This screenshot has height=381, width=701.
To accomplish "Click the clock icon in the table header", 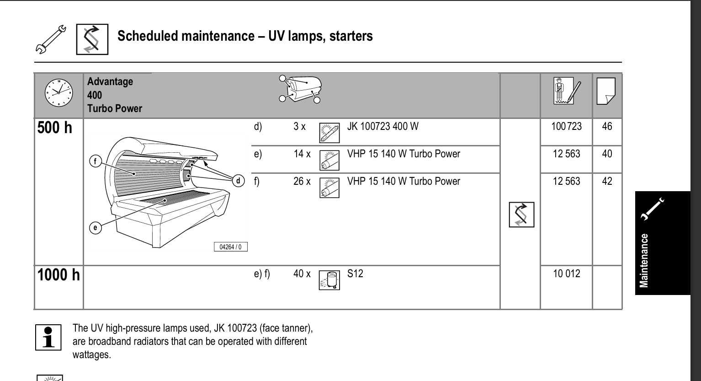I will click(58, 93).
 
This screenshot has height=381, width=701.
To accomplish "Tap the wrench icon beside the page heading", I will click(51, 40).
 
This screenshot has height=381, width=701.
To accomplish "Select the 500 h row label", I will click(55, 128).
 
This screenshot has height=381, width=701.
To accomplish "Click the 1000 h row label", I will click(58, 275).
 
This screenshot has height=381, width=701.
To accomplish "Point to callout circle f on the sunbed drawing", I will click(96, 161).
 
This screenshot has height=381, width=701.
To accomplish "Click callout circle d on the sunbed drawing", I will click(238, 181).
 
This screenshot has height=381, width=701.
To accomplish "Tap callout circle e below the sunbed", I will click(95, 228).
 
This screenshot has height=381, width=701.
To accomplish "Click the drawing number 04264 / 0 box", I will click(231, 247).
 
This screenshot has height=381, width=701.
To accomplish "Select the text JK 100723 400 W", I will click(382, 126).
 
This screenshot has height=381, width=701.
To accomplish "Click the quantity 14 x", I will click(302, 154).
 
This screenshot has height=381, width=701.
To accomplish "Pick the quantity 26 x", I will click(302, 182).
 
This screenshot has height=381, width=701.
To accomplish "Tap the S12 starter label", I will click(355, 274).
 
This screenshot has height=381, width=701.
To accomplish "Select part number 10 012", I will click(566, 274).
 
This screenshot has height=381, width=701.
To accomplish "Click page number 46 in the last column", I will click(607, 126).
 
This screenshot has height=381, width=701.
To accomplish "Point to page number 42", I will click(607, 182).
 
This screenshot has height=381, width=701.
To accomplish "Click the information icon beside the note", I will click(48, 338).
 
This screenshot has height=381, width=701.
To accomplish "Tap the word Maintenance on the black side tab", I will click(644, 260).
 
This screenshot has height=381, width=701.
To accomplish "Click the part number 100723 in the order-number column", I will click(566, 126).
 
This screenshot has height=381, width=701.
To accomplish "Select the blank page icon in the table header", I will click(606, 91).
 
